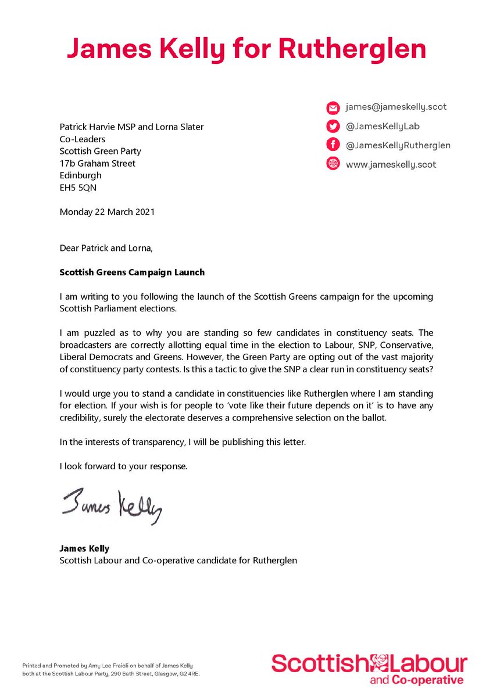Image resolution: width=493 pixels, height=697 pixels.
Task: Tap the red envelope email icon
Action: tap(333, 107)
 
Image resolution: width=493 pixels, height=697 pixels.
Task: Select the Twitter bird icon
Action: tap(333, 127)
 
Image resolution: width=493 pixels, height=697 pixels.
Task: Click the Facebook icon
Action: tap(333, 145)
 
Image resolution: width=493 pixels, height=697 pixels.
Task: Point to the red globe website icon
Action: tap(333, 164)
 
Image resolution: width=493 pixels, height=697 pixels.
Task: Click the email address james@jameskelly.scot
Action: tap(396, 107)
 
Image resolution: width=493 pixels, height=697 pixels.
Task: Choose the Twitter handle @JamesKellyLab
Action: tap(382, 126)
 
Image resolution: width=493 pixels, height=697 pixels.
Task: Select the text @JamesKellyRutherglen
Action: tap(398, 145)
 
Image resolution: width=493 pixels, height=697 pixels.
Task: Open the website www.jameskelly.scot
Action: tap(391, 164)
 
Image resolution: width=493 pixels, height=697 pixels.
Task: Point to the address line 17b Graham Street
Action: tap(98, 163)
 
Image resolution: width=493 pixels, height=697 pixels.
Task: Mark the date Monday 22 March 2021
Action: tap(108, 212)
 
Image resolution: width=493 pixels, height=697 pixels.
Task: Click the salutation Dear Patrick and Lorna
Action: tap(106, 249)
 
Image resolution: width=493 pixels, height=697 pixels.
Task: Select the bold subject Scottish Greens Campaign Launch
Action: tap(132, 272)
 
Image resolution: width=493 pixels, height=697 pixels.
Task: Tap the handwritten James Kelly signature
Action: tap(110, 507)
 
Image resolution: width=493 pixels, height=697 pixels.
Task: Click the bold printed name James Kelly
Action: tap(84, 548)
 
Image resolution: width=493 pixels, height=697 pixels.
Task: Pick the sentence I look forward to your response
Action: tap(123, 467)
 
